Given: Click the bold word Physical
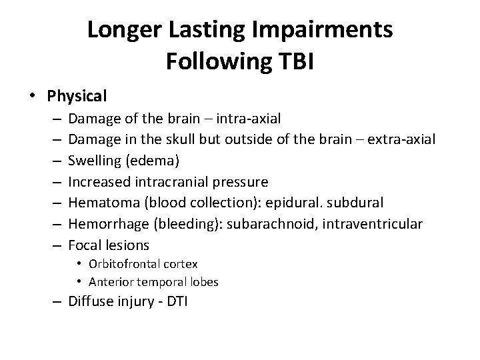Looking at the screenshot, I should point(77,96).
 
